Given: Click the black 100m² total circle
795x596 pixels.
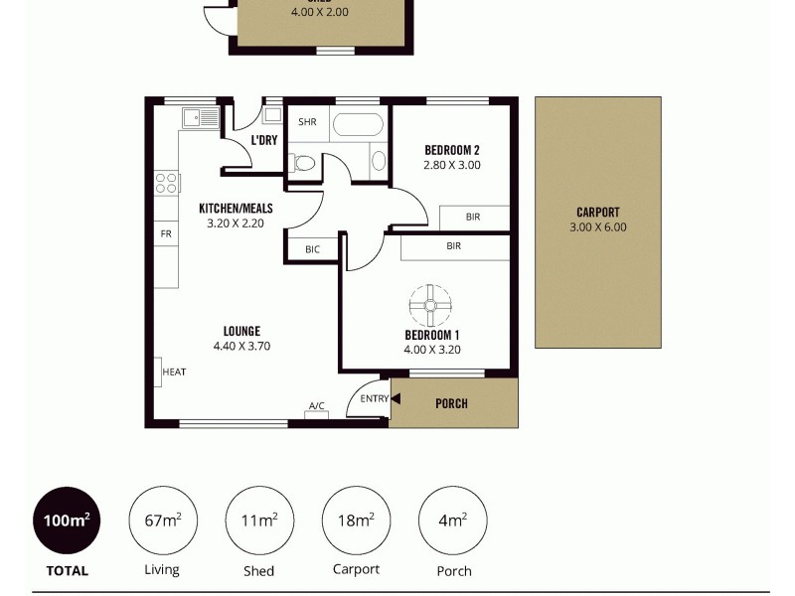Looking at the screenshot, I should coord(67,520).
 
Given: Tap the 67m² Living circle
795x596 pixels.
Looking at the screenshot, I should coord(163,520).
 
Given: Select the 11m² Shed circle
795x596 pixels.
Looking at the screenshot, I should coord(259,520).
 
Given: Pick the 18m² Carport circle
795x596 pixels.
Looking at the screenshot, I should coord(356,520).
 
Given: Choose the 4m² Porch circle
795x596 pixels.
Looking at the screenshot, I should coord(453,520).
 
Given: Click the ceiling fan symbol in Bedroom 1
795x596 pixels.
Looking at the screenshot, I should coord(430,306).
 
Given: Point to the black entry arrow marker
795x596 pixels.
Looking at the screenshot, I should coord(395,399).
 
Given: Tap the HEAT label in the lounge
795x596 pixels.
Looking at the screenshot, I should coord(174,372).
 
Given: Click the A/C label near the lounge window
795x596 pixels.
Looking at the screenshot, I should coord(316,406).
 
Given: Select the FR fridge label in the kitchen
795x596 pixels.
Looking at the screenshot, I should coord(166,234).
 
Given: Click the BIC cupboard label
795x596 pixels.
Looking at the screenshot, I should coord(312,249).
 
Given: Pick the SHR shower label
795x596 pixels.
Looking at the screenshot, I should coord(307,122).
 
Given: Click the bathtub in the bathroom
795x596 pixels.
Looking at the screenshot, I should coord(358,125).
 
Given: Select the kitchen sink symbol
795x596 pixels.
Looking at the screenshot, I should coord(200,118).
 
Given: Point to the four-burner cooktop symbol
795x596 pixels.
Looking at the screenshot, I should coord(167,183).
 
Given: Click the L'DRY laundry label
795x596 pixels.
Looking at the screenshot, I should coord(264,140).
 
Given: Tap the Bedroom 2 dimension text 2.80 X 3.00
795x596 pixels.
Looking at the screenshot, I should coord(452,165).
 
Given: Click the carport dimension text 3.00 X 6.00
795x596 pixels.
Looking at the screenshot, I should coord(598,226).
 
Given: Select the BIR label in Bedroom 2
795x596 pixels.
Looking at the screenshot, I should coord(473,217).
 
